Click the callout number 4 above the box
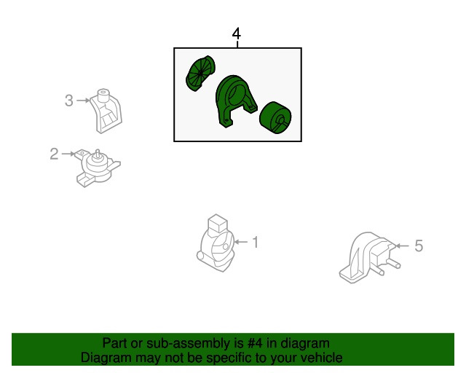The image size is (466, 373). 236,34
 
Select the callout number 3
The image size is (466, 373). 69,101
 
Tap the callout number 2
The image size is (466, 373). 54,154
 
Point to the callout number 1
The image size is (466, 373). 256,242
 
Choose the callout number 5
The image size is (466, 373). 419,246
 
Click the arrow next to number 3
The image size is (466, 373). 83,101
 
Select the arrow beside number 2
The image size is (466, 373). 68,154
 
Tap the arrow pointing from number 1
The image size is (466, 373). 241,242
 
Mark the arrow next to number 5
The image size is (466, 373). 403,246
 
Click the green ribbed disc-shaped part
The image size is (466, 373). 200,73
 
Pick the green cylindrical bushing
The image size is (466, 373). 275,117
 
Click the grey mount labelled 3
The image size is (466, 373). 106,111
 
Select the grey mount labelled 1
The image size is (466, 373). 216,243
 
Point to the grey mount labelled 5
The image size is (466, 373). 369,258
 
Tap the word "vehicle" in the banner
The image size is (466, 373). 323,358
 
